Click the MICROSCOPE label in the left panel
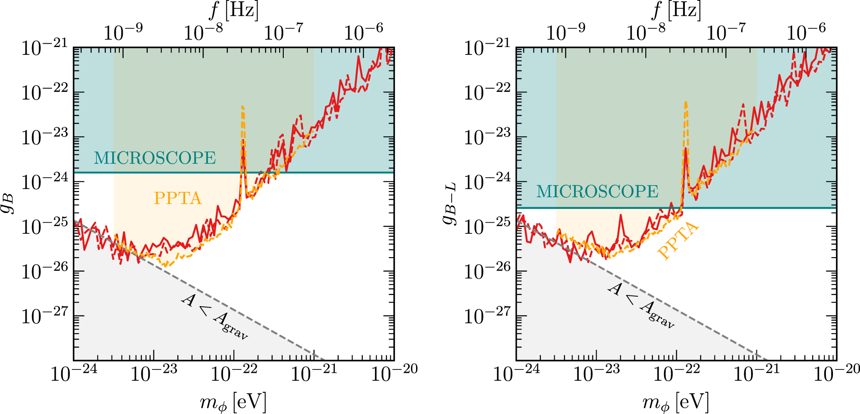coord(155,158)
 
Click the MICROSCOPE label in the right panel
coord(597,192)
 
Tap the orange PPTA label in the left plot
coord(178,198)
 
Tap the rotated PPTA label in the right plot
coord(678,241)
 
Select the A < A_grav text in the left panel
coord(214,318)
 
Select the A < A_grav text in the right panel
coord(641,306)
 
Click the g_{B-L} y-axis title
coord(451,203)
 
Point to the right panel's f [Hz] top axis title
coord(676,10)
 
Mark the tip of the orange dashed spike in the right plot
coord(685,102)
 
